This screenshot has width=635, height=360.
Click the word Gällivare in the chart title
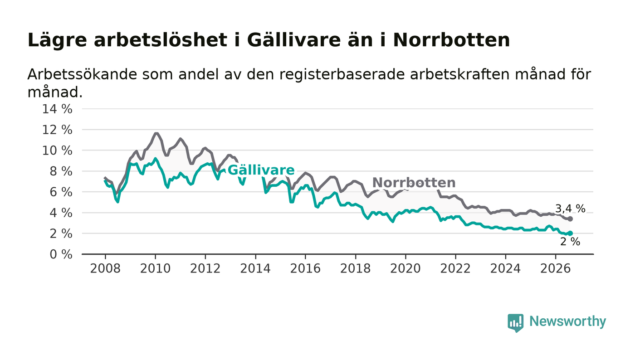[x=294, y=40]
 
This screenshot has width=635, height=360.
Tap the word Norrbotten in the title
[x=451, y=40]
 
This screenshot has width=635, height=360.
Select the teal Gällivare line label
[x=261, y=170]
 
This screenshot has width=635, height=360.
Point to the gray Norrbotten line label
[x=414, y=183]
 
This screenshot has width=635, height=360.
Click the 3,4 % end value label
[x=570, y=209]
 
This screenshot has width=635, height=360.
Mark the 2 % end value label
[x=570, y=242]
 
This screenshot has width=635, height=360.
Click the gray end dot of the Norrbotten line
[x=571, y=219]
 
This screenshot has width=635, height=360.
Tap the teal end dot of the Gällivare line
[x=571, y=234]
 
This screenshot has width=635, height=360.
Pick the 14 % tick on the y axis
[x=57, y=109]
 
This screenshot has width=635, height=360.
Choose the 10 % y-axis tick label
[x=57, y=151]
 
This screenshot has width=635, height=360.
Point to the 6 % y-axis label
[x=61, y=192]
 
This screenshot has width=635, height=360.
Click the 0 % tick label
[x=61, y=254]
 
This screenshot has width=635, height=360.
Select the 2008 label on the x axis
[x=105, y=269]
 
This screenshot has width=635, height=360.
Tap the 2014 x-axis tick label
[x=255, y=269]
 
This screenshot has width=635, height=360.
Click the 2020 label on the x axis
[x=405, y=269]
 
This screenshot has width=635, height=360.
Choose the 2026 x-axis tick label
[x=555, y=269]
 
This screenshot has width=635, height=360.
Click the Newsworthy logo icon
[x=515, y=322]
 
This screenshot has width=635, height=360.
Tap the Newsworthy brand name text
[x=567, y=321]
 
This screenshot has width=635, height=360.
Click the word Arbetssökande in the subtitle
[x=82, y=74]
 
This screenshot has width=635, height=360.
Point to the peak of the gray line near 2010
[x=156, y=133]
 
